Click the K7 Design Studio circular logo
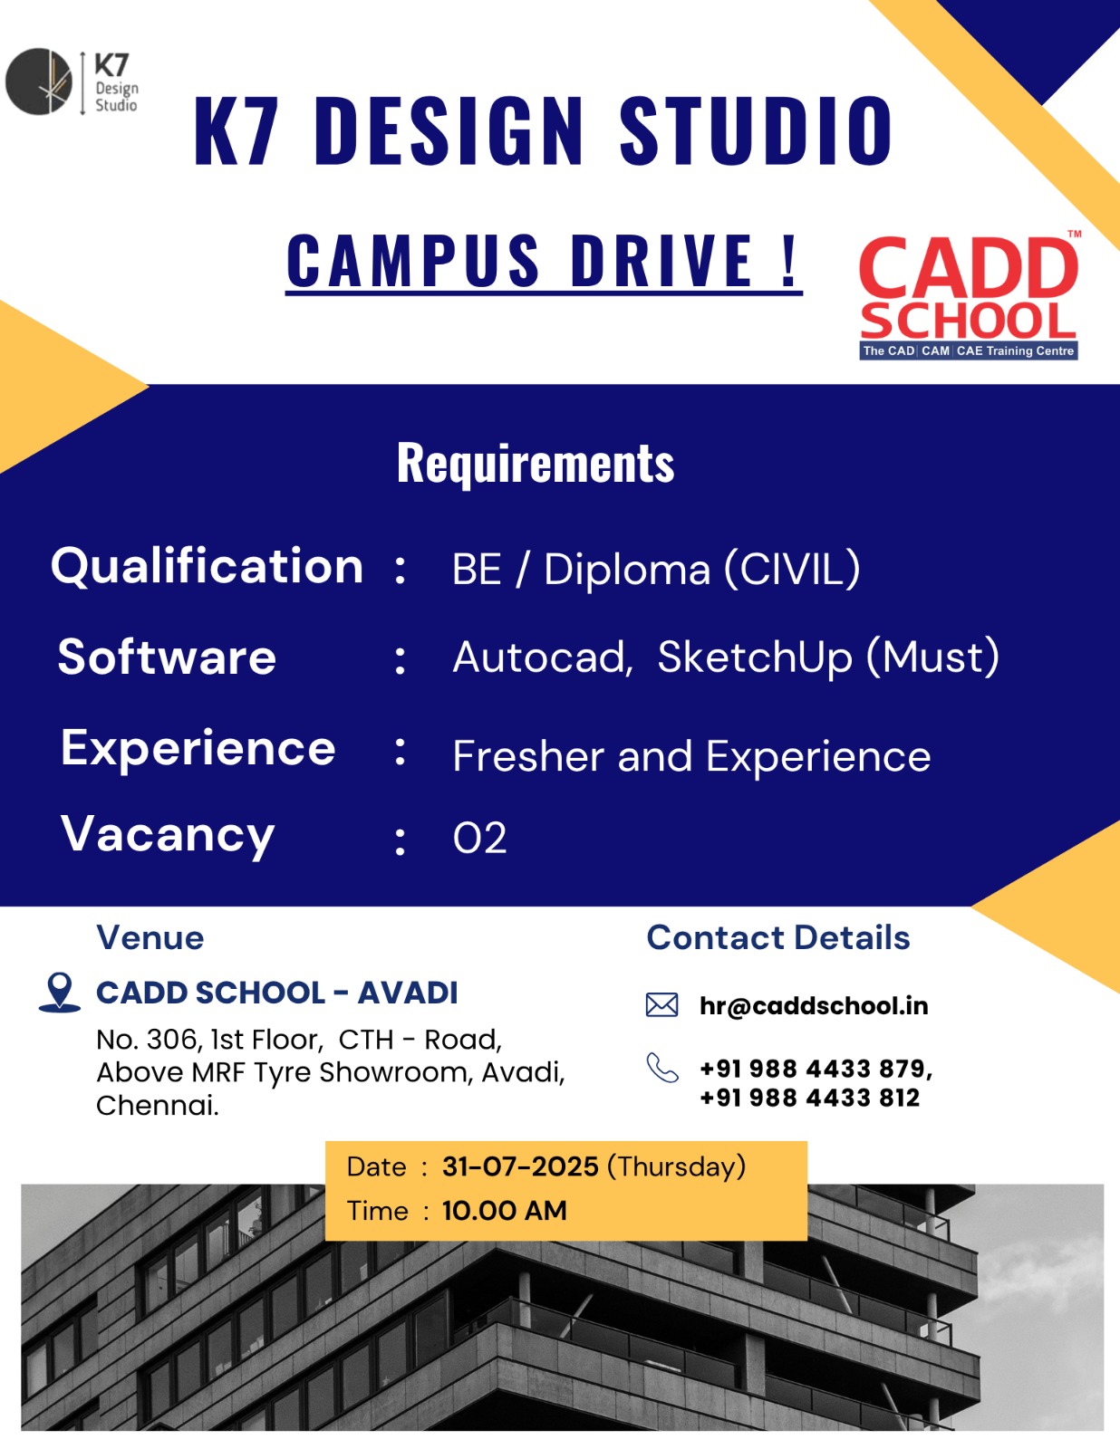[x=39, y=82]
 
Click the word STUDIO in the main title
[x=756, y=132]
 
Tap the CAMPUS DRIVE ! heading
[x=544, y=261]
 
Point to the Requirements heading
[x=536, y=464]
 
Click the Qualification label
[x=207, y=567]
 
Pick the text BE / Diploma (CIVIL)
[x=656, y=570]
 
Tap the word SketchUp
[x=755, y=657]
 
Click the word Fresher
[x=527, y=756]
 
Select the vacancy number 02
[x=479, y=839]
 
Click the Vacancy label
[x=168, y=835]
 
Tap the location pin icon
[x=60, y=992]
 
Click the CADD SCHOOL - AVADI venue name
[x=277, y=993]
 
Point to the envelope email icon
[x=661, y=1004]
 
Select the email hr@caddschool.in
[x=814, y=1006]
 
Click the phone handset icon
[x=661, y=1068]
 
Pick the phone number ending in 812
[x=809, y=1098]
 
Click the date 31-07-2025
[x=520, y=1166]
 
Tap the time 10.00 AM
[x=504, y=1211]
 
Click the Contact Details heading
[x=777, y=938]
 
